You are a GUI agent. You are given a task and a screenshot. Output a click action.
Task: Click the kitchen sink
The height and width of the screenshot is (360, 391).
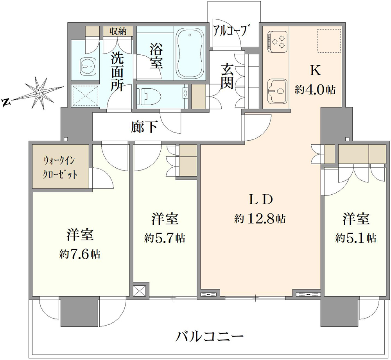point(277,91)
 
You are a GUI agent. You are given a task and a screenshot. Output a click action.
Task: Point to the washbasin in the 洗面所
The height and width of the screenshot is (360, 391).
point(88,66)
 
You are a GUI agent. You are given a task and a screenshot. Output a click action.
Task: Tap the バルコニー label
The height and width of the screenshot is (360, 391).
point(210,337)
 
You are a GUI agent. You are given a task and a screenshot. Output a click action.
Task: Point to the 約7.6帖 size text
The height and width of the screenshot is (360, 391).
point(80,254)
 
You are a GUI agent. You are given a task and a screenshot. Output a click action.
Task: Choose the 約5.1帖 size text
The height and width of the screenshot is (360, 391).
point(355,238)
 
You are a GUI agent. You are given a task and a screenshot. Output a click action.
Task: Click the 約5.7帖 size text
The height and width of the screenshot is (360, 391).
point(165,238)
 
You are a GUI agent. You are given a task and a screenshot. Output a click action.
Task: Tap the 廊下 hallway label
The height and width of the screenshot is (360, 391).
point(144,127)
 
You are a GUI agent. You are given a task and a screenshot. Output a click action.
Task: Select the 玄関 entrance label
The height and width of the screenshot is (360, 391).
point(227,77)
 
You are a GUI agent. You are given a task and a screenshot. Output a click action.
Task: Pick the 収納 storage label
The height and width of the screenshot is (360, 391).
point(118,31)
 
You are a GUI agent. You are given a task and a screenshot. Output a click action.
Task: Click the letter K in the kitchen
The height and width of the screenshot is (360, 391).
point(315,71)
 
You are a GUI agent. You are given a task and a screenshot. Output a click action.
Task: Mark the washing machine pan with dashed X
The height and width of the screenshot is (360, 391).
point(85,95)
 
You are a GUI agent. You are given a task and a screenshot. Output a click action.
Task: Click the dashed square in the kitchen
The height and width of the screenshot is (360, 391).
point(329,41)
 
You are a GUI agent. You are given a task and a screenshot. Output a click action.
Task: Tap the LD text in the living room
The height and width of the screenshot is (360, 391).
point(260,199)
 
